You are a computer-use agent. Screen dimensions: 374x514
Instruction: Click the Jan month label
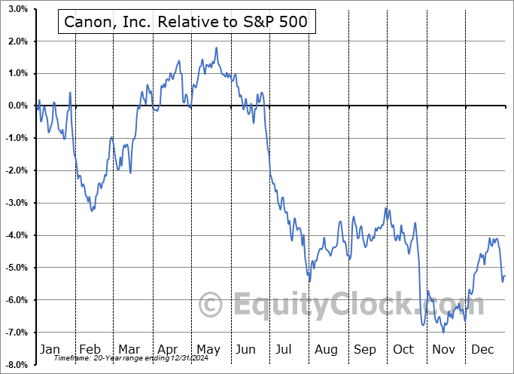(49, 349)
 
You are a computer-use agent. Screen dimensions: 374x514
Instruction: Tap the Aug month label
(326, 349)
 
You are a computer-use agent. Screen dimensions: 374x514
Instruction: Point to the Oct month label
(404, 349)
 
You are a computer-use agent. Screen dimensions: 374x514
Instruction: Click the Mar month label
(129, 349)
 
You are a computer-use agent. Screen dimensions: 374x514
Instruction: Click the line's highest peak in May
(217, 48)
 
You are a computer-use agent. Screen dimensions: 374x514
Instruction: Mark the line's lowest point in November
(443, 332)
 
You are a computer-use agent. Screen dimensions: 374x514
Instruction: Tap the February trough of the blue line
(92, 210)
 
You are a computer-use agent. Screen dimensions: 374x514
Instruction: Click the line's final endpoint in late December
(504, 276)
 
